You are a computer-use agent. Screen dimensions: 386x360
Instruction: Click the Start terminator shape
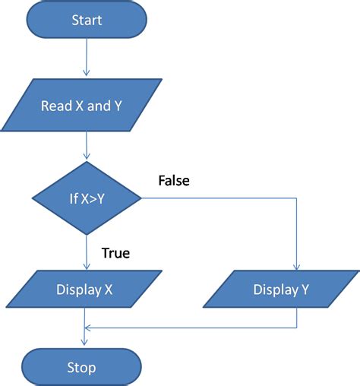point(87,20)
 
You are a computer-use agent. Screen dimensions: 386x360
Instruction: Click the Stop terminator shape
point(81,367)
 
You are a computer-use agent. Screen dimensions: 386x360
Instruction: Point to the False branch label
point(173,181)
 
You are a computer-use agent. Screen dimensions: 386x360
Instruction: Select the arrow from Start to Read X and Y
point(87,57)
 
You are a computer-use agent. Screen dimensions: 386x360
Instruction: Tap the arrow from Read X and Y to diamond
point(87,146)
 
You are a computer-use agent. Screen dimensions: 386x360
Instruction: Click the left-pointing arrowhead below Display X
point(88,327)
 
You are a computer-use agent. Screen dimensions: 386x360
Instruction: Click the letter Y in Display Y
point(305,289)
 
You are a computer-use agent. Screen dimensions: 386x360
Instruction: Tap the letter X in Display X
point(110,289)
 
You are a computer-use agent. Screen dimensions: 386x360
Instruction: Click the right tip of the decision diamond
point(142,200)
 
